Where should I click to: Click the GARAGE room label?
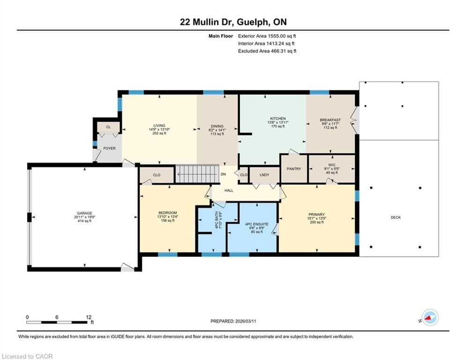pyautogui.click(x=84, y=213)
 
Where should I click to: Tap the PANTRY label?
pyautogui.click(x=294, y=169)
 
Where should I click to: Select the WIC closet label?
pyautogui.click(x=332, y=165)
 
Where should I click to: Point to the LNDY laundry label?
pyautogui.click(x=264, y=175)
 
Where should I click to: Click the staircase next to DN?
pyautogui.click(x=197, y=174)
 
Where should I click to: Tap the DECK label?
pyautogui.click(x=396, y=217)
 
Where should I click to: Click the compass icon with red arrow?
pyautogui.click(x=430, y=317)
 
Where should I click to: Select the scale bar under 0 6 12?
pyautogui.click(x=57, y=322)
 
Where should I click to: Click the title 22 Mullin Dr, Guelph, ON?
pyautogui.click(x=233, y=22)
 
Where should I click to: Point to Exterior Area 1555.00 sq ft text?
pyautogui.click(x=267, y=36)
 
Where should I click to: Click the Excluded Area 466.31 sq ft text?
pyautogui.click(x=267, y=51)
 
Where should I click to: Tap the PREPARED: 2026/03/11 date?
pyautogui.click(x=233, y=321)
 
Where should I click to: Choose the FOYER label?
pyautogui.click(x=110, y=148)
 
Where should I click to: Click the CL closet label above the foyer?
pyautogui.click(x=109, y=127)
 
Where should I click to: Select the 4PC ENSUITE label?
pyautogui.click(x=257, y=225)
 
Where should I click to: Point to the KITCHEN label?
pyautogui.click(x=278, y=119)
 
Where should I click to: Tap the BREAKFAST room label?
pyautogui.click(x=330, y=120)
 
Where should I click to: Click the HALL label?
pyautogui.click(x=229, y=190)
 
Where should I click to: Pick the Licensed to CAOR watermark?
pyautogui.click(x=27, y=356)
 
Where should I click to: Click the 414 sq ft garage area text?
pyautogui.click(x=84, y=221)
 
